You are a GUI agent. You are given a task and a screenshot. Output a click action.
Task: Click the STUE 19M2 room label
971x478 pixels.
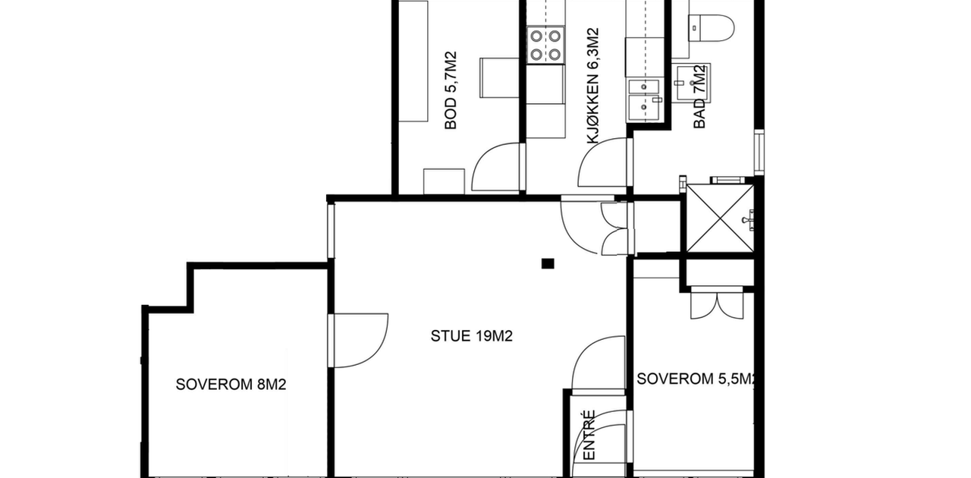point(472,336)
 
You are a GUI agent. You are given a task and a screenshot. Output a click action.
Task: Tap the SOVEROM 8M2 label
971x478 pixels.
point(231,385)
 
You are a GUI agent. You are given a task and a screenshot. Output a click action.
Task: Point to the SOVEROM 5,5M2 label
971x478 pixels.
point(696,379)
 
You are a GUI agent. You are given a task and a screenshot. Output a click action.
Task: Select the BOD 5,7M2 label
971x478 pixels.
point(451,90)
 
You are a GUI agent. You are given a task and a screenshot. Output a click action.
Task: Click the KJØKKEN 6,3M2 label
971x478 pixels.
point(592,86)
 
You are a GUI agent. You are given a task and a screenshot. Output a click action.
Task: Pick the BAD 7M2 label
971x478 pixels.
point(699,96)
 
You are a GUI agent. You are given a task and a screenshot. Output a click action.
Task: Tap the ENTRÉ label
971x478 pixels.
point(589,435)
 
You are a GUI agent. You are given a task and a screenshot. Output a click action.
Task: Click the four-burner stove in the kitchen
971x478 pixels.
point(545,45)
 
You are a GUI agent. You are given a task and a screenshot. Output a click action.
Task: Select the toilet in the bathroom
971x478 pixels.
point(711,29)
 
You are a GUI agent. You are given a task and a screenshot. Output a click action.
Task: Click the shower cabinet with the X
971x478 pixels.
point(720,219)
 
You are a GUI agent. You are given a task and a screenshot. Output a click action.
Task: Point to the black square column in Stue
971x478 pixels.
point(548,263)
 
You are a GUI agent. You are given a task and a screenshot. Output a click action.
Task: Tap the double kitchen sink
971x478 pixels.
point(645,99)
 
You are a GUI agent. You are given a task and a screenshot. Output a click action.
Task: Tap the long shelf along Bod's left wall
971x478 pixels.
point(413,61)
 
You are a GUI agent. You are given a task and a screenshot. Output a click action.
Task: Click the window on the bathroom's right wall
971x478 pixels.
point(759,152)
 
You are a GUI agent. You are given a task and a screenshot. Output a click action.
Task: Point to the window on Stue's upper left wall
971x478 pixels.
point(331,231)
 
